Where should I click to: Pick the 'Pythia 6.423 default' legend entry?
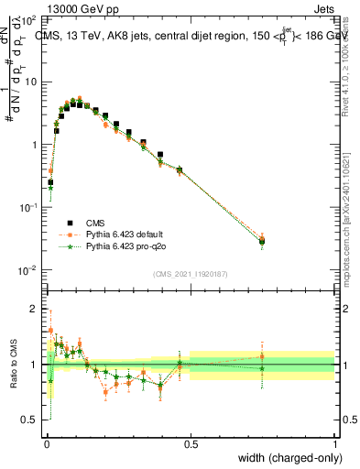124,234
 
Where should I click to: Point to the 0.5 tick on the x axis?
191,444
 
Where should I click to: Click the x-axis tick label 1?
335,444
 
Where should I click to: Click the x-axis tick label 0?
46,444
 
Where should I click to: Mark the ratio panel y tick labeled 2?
34,309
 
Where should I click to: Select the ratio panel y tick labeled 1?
34,365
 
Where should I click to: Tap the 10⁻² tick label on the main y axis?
28,270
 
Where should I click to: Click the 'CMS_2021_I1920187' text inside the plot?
191,274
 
